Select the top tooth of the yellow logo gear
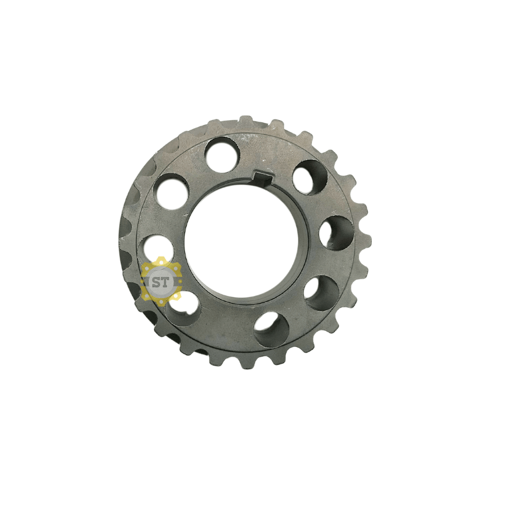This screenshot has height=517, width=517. pos(161,259)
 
